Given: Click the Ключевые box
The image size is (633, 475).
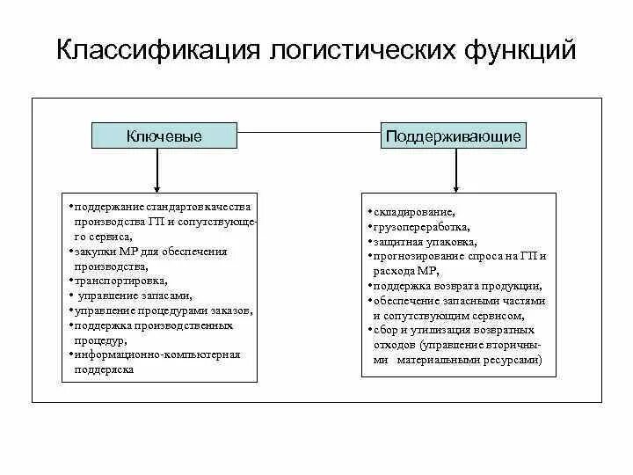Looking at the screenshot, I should (x=164, y=136).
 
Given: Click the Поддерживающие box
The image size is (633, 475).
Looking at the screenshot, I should (x=454, y=136).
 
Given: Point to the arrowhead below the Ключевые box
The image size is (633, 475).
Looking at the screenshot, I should (x=156, y=186).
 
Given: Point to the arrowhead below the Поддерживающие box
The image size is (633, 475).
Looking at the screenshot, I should (x=455, y=186).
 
